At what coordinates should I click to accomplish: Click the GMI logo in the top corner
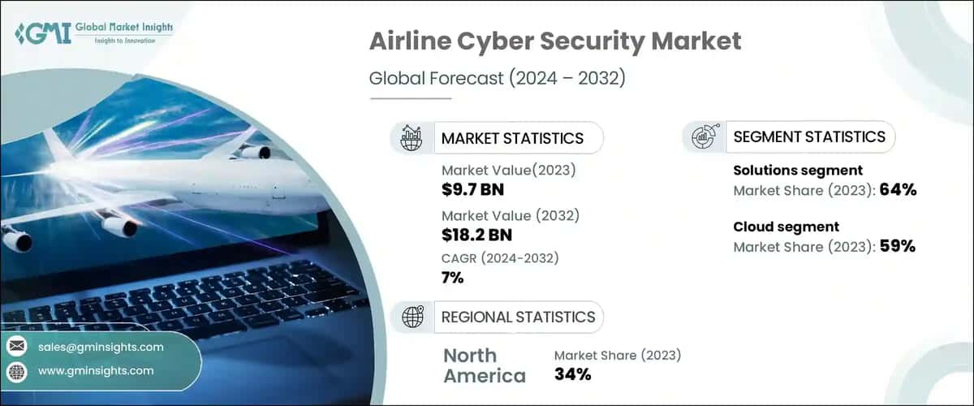93,33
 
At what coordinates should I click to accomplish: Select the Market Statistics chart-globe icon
412,138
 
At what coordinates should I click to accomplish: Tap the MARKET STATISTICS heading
512,138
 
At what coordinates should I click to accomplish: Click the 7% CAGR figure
452,278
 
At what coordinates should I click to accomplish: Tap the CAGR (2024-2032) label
500,258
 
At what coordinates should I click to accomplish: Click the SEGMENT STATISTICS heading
809,137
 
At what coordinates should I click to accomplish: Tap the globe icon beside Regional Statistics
412,317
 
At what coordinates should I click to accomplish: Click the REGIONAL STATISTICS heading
518,317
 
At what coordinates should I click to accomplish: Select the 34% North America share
572,374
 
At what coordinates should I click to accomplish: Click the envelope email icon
16,347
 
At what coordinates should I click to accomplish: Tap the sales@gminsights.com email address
101,347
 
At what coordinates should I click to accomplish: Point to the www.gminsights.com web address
96,370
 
